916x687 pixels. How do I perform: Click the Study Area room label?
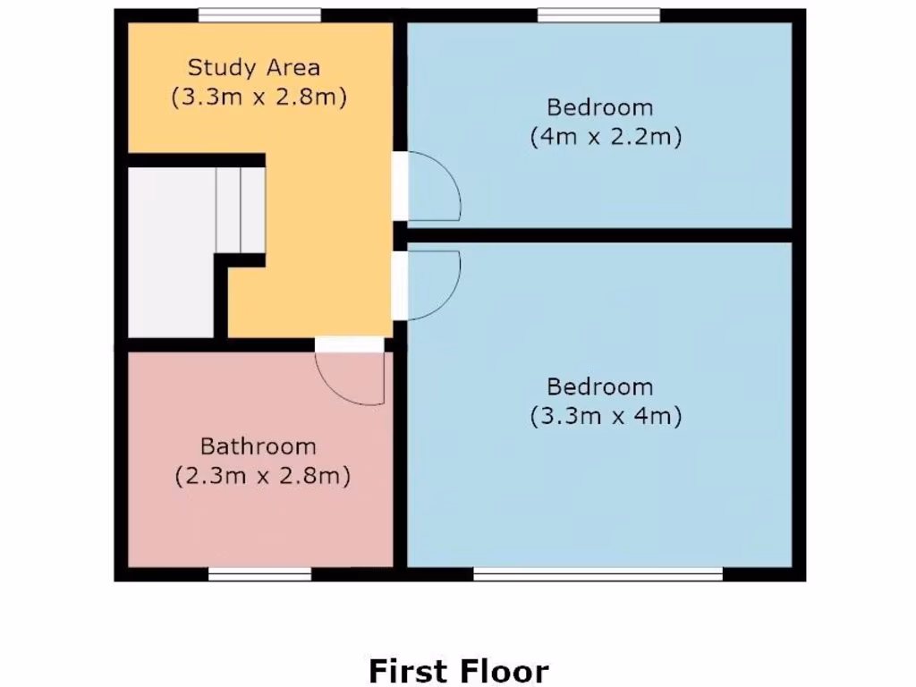point(253,67)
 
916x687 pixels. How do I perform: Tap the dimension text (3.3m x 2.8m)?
point(259,97)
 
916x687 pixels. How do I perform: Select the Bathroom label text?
point(258,445)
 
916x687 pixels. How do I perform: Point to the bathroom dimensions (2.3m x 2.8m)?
point(261,476)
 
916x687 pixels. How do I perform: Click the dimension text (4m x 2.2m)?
point(606,138)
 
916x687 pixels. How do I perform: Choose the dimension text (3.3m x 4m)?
point(606,416)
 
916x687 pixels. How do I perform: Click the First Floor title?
point(458,670)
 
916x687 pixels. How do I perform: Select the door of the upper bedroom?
point(434,189)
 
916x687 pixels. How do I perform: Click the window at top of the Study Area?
point(259,14)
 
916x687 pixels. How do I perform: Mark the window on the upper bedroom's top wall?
point(598,14)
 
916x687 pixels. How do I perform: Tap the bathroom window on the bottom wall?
point(259,574)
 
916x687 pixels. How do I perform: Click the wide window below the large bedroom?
point(598,574)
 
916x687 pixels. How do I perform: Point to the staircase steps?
point(240,210)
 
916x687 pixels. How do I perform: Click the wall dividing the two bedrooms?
point(599,235)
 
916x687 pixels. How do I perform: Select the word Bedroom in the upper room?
point(599,107)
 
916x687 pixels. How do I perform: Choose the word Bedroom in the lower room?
point(599,386)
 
